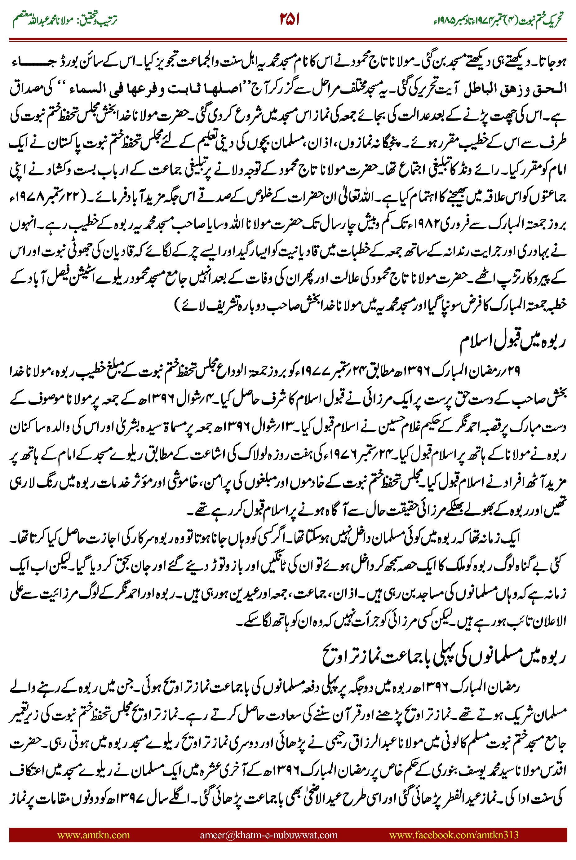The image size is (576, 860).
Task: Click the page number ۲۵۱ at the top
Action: click(289, 20)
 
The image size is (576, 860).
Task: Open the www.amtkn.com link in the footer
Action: click(93, 835)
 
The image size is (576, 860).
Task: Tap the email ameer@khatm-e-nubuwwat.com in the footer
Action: click(268, 835)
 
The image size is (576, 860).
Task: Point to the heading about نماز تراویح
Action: click(445, 657)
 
